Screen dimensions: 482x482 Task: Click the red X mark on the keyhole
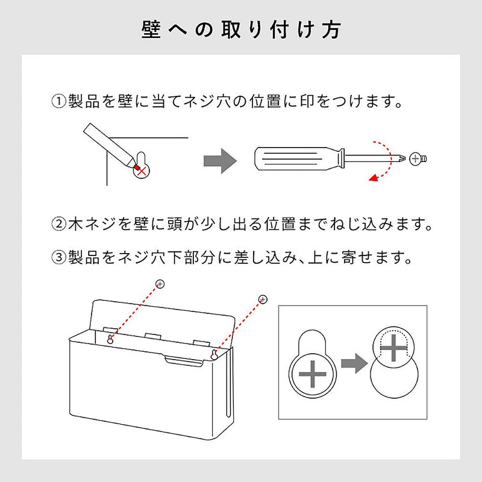(142, 171)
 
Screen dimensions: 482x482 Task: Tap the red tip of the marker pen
(136, 167)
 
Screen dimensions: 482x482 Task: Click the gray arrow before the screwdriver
(220, 161)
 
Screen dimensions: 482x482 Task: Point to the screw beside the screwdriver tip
(418, 158)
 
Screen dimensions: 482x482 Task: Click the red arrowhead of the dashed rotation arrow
(373, 177)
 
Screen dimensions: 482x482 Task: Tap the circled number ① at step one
(58, 101)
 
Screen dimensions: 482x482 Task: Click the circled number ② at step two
(58, 224)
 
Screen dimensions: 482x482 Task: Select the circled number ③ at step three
(58, 257)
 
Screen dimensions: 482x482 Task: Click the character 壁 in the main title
(151, 30)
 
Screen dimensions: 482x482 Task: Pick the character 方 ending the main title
(331, 30)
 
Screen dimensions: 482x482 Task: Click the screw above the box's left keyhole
(160, 284)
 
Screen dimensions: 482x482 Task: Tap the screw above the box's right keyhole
(263, 299)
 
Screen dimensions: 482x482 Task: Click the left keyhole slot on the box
(110, 339)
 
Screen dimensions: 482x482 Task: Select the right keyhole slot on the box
(214, 355)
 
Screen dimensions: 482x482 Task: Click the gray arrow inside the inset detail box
(354, 363)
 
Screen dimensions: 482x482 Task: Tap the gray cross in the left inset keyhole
(312, 374)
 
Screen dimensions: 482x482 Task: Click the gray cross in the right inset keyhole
(394, 348)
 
